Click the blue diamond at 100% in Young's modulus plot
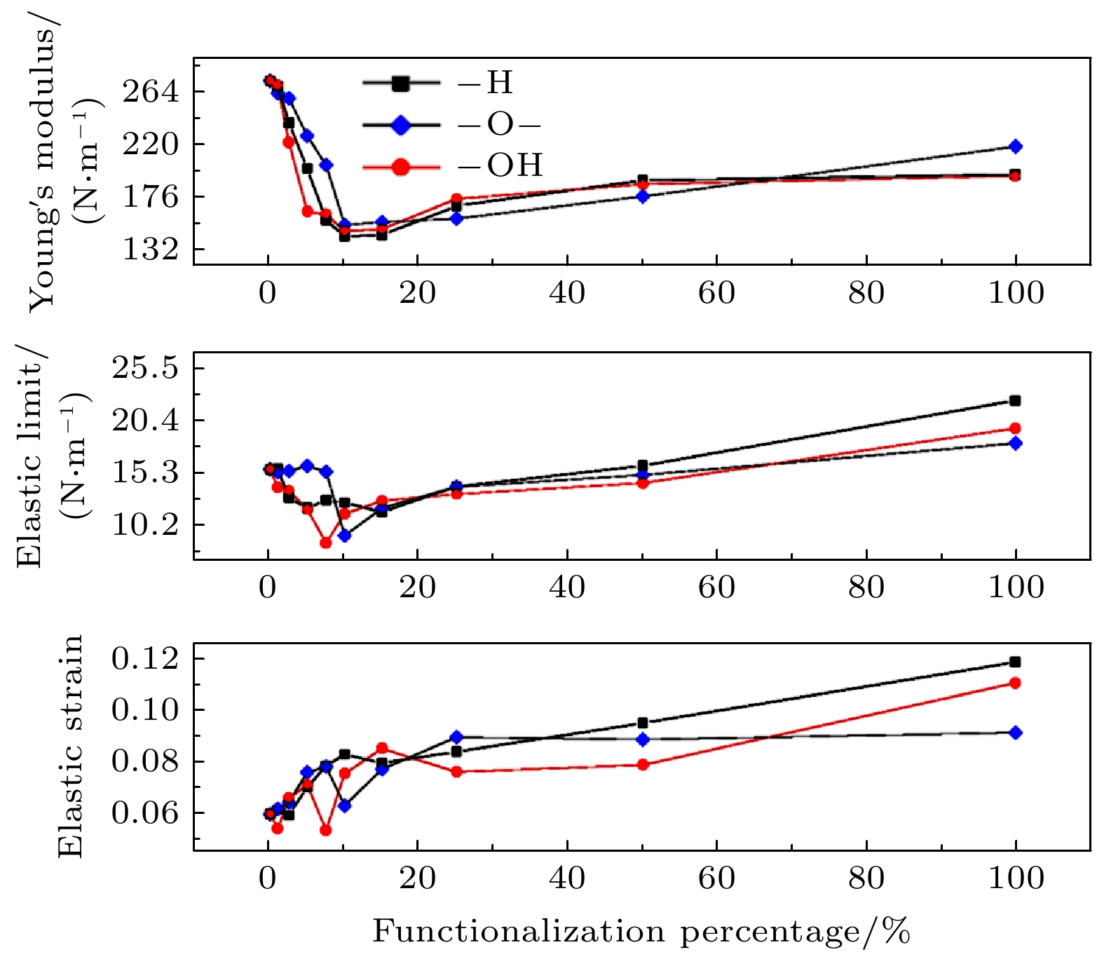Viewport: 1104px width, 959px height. [1015, 147]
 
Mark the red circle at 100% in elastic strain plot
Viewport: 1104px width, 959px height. [1015, 683]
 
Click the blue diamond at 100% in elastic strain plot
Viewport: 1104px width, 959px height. [1015, 733]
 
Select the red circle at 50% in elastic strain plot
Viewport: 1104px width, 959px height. [643, 765]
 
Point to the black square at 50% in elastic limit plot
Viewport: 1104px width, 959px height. [643, 465]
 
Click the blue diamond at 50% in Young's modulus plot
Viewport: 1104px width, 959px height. [643, 196]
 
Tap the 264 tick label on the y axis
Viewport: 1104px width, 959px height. [151, 92]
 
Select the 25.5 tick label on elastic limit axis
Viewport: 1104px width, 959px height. [146, 368]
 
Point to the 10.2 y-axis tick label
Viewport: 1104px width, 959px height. [146, 524]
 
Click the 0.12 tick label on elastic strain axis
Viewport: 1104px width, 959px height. [146, 659]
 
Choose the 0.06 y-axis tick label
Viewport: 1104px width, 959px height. [146, 813]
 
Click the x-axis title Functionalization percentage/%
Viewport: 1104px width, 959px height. [641, 932]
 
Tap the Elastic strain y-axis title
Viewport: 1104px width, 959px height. [70, 746]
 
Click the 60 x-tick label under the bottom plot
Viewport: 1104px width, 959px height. [716, 879]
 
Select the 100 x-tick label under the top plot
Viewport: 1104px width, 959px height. [1016, 293]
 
